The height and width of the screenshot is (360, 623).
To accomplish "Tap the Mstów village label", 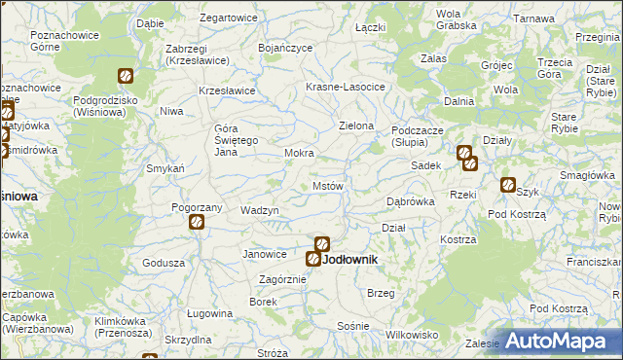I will [x=327, y=186].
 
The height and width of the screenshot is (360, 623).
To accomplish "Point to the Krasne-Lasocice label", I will [x=346, y=87].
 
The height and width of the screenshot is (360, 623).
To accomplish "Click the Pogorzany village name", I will [x=198, y=207].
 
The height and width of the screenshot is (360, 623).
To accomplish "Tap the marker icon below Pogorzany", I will [x=196, y=223].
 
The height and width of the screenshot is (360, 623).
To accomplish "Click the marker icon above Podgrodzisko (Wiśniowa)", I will [x=126, y=76].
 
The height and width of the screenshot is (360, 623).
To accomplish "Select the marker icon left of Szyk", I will [x=507, y=185].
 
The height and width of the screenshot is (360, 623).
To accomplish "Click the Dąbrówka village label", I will [x=410, y=202].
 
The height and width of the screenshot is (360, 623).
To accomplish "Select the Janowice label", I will [x=265, y=254].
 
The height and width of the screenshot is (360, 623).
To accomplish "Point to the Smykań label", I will [x=166, y=168].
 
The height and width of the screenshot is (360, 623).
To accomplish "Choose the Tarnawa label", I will [x=533, y=18].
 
